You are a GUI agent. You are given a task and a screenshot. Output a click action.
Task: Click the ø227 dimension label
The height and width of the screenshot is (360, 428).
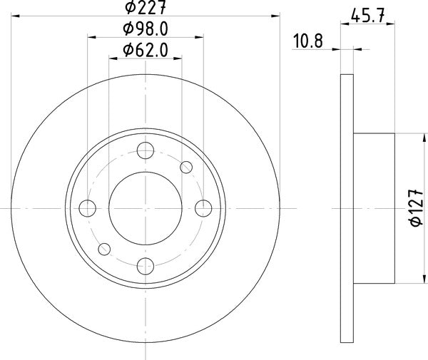coord(146,7)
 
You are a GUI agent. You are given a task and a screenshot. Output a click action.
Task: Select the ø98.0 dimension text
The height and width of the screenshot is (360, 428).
coord(146,29)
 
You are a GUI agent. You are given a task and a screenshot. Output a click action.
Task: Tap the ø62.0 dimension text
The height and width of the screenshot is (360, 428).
coord(146,50)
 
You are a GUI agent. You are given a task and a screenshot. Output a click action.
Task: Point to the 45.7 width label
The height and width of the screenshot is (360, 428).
coord(367,16)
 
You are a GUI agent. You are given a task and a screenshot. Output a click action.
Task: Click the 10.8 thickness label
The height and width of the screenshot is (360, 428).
coord(308,41)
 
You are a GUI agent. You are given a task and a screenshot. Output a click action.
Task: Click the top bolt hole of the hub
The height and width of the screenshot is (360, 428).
coord(146,150)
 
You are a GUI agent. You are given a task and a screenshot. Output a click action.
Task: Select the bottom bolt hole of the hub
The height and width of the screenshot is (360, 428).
coord(146,266)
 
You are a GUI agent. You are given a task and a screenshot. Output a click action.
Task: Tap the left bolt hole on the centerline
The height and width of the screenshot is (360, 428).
coord(87,208)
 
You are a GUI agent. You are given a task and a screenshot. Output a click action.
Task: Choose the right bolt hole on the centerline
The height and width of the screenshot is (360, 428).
coord(203,208)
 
